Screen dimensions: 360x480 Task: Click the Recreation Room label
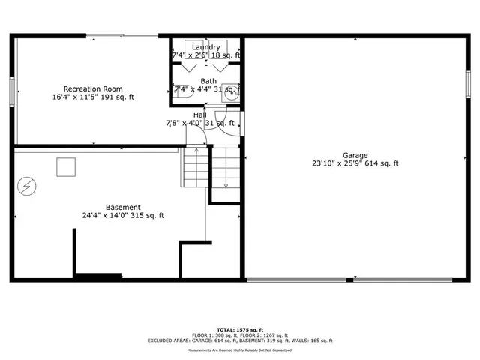click(x=93, y=88)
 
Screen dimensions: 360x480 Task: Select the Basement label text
click(x=122, y=207)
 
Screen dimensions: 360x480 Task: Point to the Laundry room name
click(x=205, y=47)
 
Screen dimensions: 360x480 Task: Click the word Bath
click(x=208, y=81)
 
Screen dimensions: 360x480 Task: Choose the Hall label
click(x=199, y=115)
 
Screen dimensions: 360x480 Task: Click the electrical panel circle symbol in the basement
click(x=27, y=184)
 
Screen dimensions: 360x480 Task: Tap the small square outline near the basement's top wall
click(x=67, y=167)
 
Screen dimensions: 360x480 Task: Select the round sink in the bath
click(x=232, y=93)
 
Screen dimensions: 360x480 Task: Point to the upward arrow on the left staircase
click(x=196, y=154)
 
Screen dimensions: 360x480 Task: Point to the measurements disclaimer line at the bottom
click(x=240, y=349)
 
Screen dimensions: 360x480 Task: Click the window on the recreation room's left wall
click(x=13, y=90)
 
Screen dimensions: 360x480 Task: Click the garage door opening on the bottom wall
click(x=352, y=280)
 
